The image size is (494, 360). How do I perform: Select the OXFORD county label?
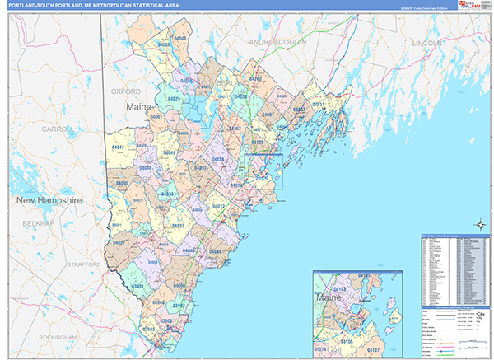pos(126,91)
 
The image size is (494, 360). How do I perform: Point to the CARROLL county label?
pos(58,129)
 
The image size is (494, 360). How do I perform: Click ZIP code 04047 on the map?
pos(118,147)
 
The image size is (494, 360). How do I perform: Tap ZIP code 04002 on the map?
pos(177,225)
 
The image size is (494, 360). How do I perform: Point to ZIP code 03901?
pos(137,286)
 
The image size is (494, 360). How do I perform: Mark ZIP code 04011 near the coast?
pos(319,105)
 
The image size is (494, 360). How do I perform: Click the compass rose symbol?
pos(478,224)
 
